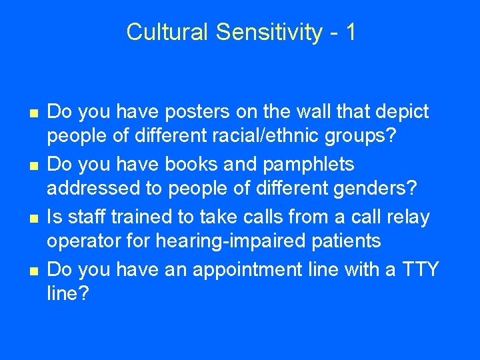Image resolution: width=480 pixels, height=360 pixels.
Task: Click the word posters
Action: (183, 112)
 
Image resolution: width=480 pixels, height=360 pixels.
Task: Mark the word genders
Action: (360, 190)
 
